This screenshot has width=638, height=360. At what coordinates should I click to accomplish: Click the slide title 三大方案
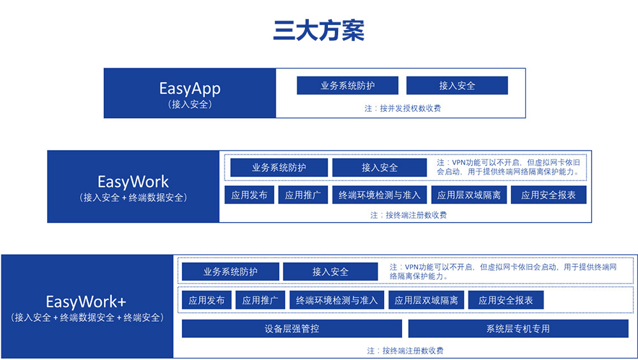[x=318, y=31]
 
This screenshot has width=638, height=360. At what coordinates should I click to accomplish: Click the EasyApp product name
[x=189, y=88]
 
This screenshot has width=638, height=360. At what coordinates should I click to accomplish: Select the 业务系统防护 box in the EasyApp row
[x=348, y=86]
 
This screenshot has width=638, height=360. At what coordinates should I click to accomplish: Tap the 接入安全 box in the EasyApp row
[x=457, y=86]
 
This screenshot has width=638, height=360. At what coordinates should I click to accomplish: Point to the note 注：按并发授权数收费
[x=403, y=109]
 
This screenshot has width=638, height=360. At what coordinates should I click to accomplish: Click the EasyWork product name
[x=133, y=182]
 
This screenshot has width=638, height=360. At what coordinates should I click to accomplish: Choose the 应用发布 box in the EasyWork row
[x=249, y=195]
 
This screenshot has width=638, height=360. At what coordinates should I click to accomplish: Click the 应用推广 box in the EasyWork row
[x=303, y=195]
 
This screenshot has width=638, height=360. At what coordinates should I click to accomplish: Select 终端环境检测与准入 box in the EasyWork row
[x=380, y=195]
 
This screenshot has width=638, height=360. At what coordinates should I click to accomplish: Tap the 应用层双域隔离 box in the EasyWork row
[x=469, y=195]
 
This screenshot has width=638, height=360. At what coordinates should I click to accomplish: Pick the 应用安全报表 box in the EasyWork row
[x=549, y=195]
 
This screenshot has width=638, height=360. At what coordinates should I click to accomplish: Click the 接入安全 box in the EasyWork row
[x=380, y=167]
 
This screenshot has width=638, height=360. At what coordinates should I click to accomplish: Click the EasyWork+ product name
[x=86, y=302]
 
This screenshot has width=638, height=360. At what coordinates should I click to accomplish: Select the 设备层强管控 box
[x=292, y=329]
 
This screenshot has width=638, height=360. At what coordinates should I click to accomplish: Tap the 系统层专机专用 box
[x=518, y=329]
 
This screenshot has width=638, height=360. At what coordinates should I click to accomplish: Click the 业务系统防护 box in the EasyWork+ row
[x=230, y=272]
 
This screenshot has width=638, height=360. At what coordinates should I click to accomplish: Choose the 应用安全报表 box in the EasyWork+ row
[x=506, y=301]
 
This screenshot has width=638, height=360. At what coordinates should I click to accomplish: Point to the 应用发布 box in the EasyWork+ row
[x=207, y=301]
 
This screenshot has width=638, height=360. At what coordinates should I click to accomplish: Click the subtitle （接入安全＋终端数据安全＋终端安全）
[x=87, y=318]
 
